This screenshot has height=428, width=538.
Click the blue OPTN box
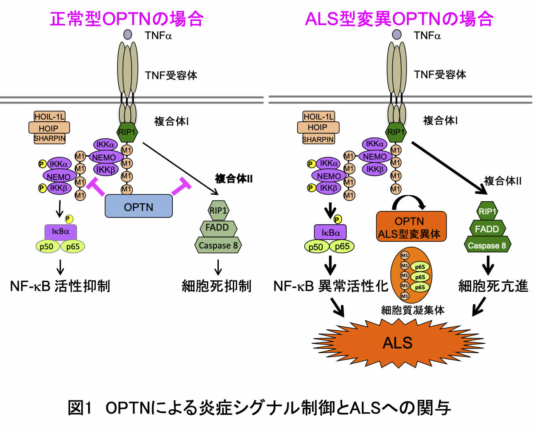pos(138,206)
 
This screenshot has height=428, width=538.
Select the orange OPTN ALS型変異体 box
pos(411,227)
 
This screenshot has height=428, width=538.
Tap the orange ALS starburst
pos(398,342)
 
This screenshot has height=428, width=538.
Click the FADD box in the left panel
pos(218,228)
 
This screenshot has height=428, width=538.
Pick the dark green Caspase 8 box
pos(487,245)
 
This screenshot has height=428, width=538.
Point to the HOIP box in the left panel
pos(49,128)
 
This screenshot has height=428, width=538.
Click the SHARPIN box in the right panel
pos(318,139)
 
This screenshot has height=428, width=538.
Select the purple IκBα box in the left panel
pos(60,231)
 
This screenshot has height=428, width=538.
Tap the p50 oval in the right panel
pos(316,247)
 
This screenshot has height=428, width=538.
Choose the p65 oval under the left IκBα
pos(73,247)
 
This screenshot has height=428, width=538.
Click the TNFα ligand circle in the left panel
pos(128,34)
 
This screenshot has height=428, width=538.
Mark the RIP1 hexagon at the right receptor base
pos(395,132)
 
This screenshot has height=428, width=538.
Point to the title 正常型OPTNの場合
pos(127,19)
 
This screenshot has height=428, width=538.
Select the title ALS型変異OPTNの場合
pos(399,19)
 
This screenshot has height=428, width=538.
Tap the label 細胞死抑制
pos(217,286)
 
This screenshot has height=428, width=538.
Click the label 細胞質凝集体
pos(412,310)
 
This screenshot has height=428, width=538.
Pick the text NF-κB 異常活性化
pos(331,286)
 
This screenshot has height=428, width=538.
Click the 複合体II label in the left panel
pos(234,179)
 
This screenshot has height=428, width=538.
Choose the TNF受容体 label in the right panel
pos(440,75)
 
